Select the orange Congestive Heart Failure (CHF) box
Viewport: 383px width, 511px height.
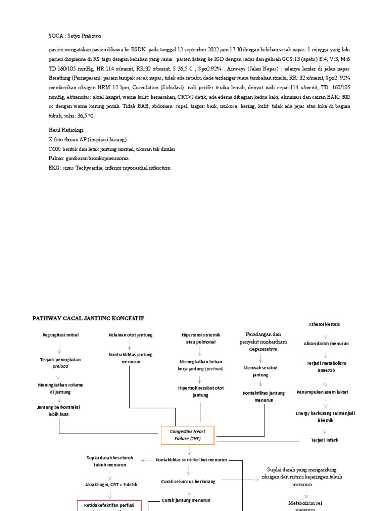[x=185, y=435]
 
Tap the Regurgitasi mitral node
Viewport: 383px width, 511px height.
[x=60, y=335]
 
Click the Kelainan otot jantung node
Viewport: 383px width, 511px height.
[x=130, y=335]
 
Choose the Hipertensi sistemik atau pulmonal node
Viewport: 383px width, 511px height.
[x=200, y=338]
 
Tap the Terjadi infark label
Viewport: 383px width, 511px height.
[x=325, y=440]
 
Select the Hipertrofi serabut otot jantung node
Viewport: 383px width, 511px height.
[x=200, y=391]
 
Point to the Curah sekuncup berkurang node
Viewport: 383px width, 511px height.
[x=189, y=481]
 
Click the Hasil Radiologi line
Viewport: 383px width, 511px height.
[x=66, y=129]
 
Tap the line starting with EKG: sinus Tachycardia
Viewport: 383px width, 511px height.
[x=109, y=168]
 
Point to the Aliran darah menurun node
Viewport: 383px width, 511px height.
[x=326, y=344]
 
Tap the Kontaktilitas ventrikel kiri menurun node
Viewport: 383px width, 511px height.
[x=191, y=460]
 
